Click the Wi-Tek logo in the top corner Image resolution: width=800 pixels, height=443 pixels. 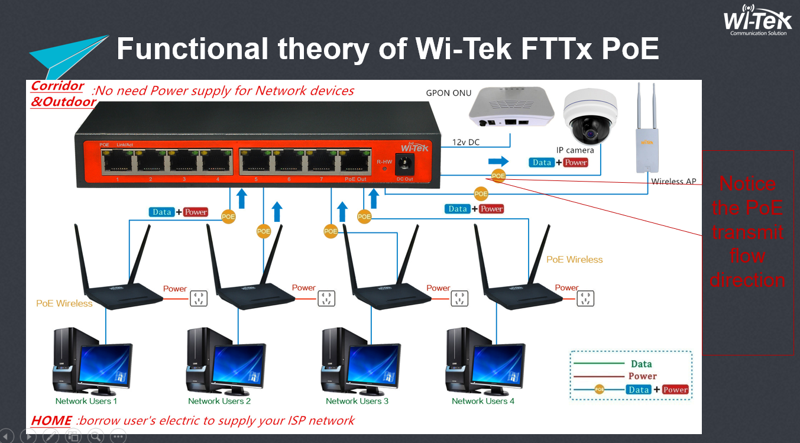tap(757, 21)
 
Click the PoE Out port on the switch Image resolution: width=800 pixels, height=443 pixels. tap(355, 161)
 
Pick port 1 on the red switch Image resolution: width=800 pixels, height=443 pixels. tap(117, 161)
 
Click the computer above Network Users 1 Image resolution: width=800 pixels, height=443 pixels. tap(92, 361)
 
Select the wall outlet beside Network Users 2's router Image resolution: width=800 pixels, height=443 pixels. tap(326, 298)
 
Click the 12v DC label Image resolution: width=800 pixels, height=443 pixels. tap(466, 142)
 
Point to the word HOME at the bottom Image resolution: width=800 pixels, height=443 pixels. tap(51, 421)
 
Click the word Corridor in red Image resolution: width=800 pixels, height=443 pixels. tap(57, 86)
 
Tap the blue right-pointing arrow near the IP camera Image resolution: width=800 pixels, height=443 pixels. tap(498, 161)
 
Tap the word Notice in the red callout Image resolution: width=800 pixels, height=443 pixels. tap(747, 183)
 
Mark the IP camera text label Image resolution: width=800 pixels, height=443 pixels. tap(575, 150)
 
